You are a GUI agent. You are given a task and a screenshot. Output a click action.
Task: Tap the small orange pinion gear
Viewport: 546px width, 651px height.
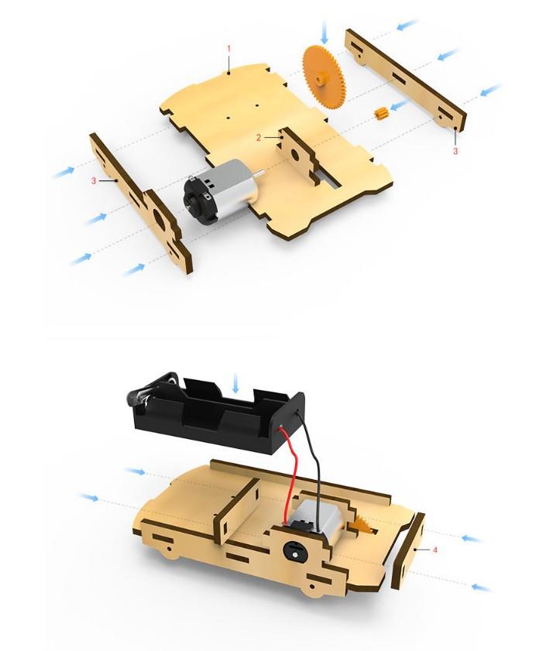pos(380,113)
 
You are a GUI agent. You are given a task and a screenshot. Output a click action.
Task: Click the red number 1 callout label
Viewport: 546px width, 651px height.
pos(228,49)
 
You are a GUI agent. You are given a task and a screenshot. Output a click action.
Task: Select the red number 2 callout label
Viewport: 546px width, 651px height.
pos(259,138)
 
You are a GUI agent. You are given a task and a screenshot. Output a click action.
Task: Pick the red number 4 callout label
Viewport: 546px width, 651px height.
pos(435,550)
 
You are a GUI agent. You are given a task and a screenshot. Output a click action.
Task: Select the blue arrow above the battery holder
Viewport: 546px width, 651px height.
pos(235,382)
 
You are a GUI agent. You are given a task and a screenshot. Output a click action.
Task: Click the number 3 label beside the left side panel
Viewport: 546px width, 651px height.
pos(94,180)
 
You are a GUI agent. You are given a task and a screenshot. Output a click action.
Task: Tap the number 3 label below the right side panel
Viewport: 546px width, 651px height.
pos(455,151)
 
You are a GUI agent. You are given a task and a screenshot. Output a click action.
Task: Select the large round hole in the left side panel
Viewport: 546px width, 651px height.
pos(159,216)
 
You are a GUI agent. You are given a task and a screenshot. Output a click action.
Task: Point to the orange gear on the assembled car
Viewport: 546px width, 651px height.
pos(360,527)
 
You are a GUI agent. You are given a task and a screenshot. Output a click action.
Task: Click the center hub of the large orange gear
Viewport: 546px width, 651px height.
pos(320,77)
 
